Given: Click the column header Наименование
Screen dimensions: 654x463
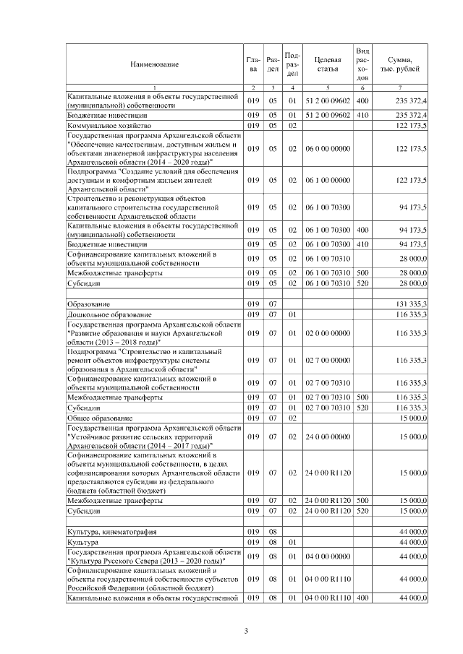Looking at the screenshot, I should (x=154, y=64).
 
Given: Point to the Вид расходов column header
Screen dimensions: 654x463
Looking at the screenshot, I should (x=363, y=64).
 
